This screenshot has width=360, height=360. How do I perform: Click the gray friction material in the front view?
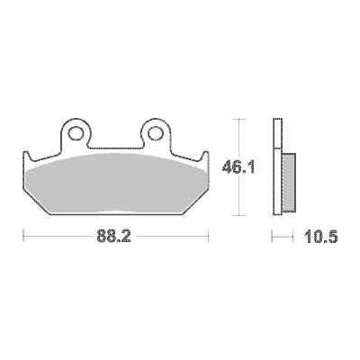(x=117, y=184)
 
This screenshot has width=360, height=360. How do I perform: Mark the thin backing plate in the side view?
(x=275, y=166)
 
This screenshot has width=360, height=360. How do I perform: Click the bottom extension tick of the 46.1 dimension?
(x=238, y=215)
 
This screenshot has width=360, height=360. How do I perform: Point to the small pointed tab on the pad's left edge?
(x=25, y=154)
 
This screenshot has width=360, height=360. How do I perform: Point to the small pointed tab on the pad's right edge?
(x=208, y=154)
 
